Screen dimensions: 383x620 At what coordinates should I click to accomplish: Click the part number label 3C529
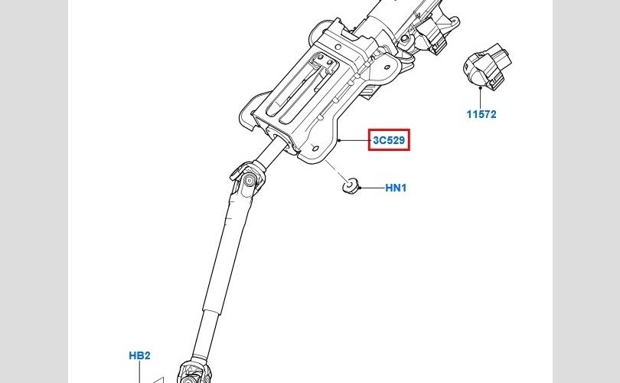point(389,140)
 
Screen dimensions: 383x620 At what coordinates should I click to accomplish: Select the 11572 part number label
point(481,115)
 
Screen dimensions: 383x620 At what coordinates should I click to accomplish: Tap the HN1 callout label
point(396,188)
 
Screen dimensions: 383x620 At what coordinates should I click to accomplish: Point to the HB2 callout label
point(139,355)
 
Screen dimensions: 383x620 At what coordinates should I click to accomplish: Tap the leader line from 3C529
point(354,140)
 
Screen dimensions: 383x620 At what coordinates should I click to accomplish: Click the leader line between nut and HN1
point(371,188)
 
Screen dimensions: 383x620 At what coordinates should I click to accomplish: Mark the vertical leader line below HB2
point(139,371)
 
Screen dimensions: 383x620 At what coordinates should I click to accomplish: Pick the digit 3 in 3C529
point(376,140)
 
